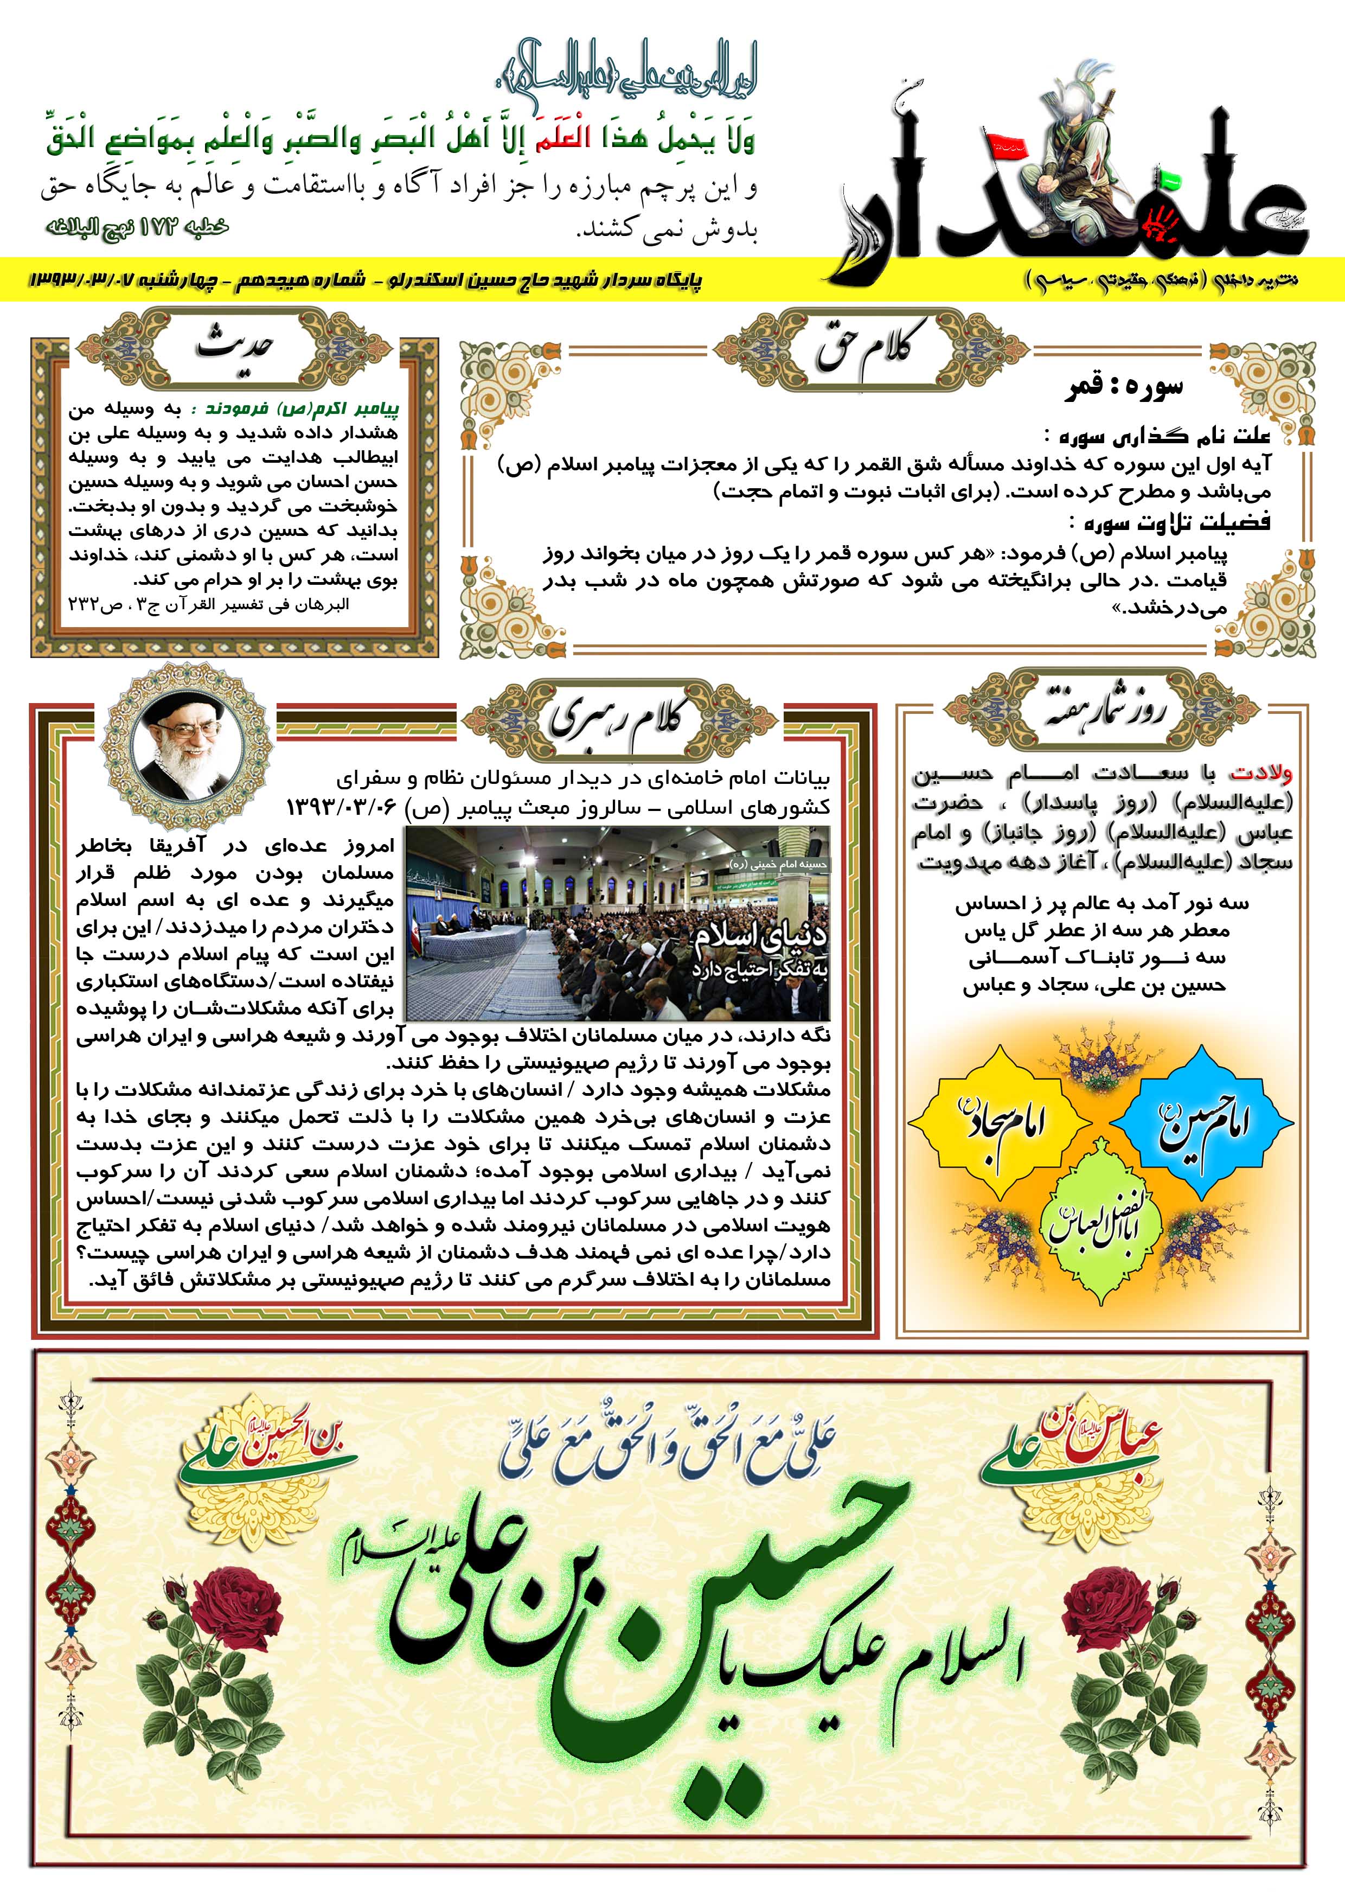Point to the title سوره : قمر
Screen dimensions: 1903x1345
1125,388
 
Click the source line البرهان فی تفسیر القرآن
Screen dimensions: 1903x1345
209,605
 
